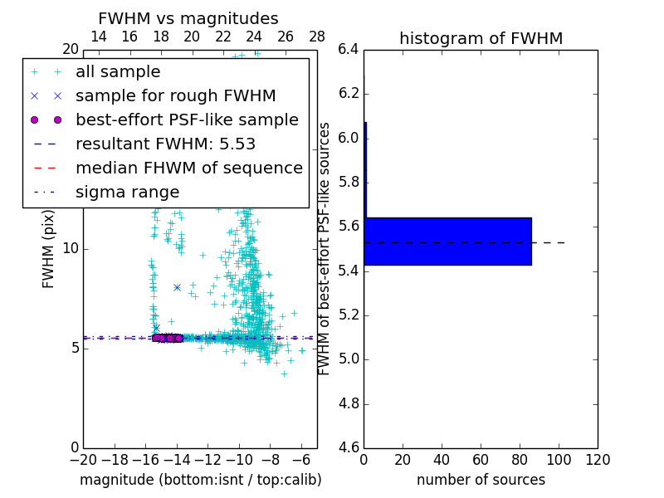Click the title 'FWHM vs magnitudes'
(188, 18)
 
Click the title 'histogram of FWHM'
(481, 38)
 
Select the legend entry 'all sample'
(118, 72)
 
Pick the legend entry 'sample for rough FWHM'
(175, 96)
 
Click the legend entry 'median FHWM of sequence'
(188, 168)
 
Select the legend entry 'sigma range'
(127, 193)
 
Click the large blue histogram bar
(447, 242)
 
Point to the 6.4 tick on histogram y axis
(349, 49)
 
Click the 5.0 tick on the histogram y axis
(349, 359)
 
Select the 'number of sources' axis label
(481, 480)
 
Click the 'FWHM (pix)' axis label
(49, 247)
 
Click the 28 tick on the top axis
(317, 37)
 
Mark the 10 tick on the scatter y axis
(71, 248)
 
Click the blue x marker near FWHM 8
(177, 287)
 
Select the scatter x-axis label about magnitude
(200, 480)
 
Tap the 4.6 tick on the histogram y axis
(349, 448)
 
